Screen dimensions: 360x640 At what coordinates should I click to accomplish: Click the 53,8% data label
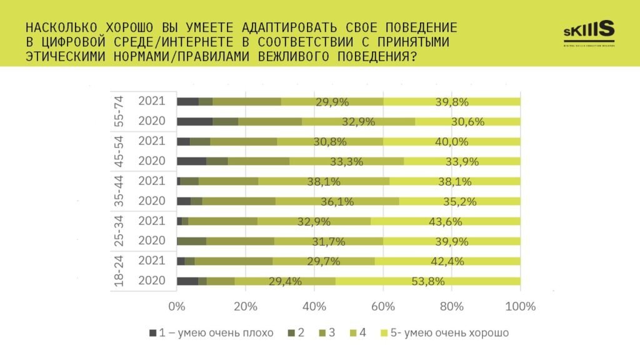click(x=428, y=281)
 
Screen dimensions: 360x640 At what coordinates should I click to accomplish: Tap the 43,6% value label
click(x=445, y=221)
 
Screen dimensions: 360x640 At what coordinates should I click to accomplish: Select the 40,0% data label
click(x=451, y=141)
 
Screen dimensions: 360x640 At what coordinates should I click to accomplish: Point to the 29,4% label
click(x=285, y=281)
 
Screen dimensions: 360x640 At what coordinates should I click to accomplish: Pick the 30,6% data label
click(x=467, y=121)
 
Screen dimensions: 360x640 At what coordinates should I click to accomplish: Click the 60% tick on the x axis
click(x=382, y=306)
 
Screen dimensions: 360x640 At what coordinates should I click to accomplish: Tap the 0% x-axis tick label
click(x=177, y=306)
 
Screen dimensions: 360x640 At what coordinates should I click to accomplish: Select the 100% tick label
click(x=520, y=306)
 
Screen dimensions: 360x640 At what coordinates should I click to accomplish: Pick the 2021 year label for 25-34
click(x=151, y=221)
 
